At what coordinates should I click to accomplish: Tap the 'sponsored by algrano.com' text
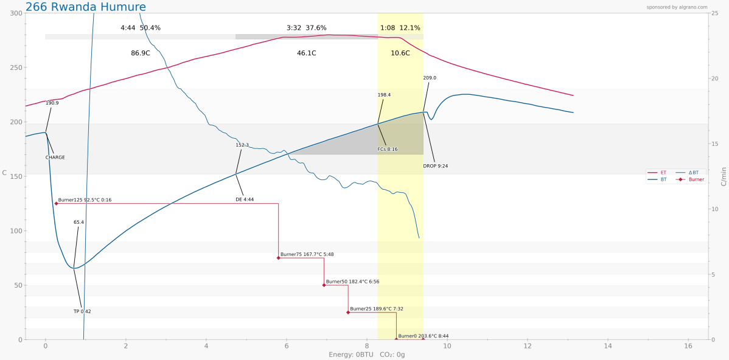click(x=677, y=7)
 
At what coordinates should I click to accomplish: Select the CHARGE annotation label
click(x=55, y=157)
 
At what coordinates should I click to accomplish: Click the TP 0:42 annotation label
click(x=82, y=311)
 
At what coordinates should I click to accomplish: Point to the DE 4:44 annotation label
click(x=245, y=199)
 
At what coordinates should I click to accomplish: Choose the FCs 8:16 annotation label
click(x=387, y=149)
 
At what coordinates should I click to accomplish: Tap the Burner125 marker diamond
click(x=57, y=204)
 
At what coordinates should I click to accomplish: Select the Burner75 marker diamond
click(x=279, y=258)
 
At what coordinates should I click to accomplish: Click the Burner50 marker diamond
click(x=324, y=285)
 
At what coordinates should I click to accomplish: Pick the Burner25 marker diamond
click(x=348, y=312)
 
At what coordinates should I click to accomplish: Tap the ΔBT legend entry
click(x=693, y=173)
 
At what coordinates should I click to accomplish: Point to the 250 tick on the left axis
click(x=15, y=67)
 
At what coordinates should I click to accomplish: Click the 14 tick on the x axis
click(x=607, y=346)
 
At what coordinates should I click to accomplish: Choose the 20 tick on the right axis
click(x=716, y=78)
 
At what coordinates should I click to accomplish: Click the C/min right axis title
click(x=724, y=176)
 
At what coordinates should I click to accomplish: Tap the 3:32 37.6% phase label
click(x=306, y=28)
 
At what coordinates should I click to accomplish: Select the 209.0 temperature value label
click(x=430, y=78)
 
